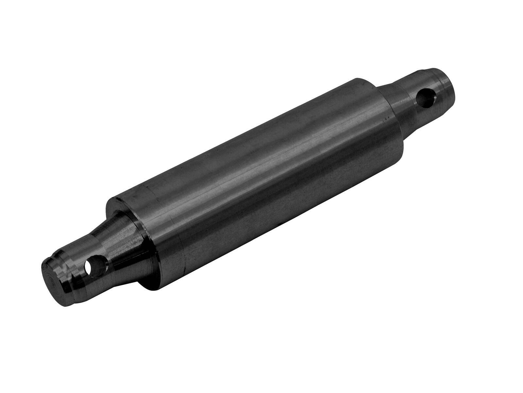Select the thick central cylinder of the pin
pos(261,183)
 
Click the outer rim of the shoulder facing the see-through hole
pos(111,206)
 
